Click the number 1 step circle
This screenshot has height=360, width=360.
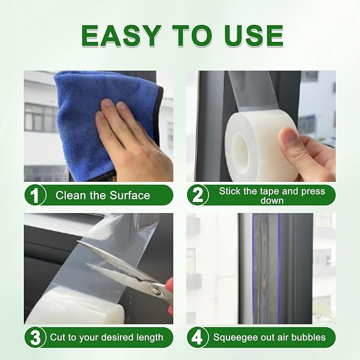(x=35, y=196)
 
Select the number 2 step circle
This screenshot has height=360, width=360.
(x=197, y=196)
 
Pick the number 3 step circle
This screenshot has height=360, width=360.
(x=35, y=337)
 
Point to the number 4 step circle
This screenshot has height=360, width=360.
(x=197, y=337)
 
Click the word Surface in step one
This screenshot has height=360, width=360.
(x=130, y=196)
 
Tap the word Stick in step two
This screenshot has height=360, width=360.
(x=230, y=191)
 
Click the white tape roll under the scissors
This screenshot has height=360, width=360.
(x=69, y=310)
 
